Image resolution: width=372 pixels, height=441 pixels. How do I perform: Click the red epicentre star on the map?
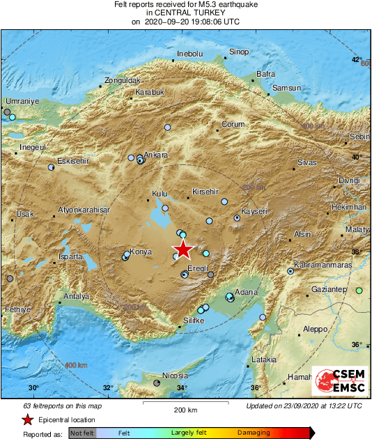pyautogui.click(x=183, y=249)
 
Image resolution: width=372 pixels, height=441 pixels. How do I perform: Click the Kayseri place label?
pyautogui.click(x=254, y=211)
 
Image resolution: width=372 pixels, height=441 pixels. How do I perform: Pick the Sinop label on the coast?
pyautogui.click(x=239, y=52)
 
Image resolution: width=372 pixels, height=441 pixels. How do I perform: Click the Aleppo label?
pyautogui.click(x=315, y=329)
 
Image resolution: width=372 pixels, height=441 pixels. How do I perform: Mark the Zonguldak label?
pyautogui.click(x=123, y=81)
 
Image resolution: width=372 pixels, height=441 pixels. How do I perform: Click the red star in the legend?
pyautogui.click(x=27, y=420)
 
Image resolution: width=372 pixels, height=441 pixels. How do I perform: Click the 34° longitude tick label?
pyautogui.click(x=182, y=388)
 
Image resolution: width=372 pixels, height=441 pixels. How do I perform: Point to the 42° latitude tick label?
pyautogui.click(x=356, y=60)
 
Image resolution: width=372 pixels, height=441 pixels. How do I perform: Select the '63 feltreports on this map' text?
pyautogui.click(x=62, y=405)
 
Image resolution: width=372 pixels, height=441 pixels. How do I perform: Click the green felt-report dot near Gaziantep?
pyautogui.click(x=359, y=291)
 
